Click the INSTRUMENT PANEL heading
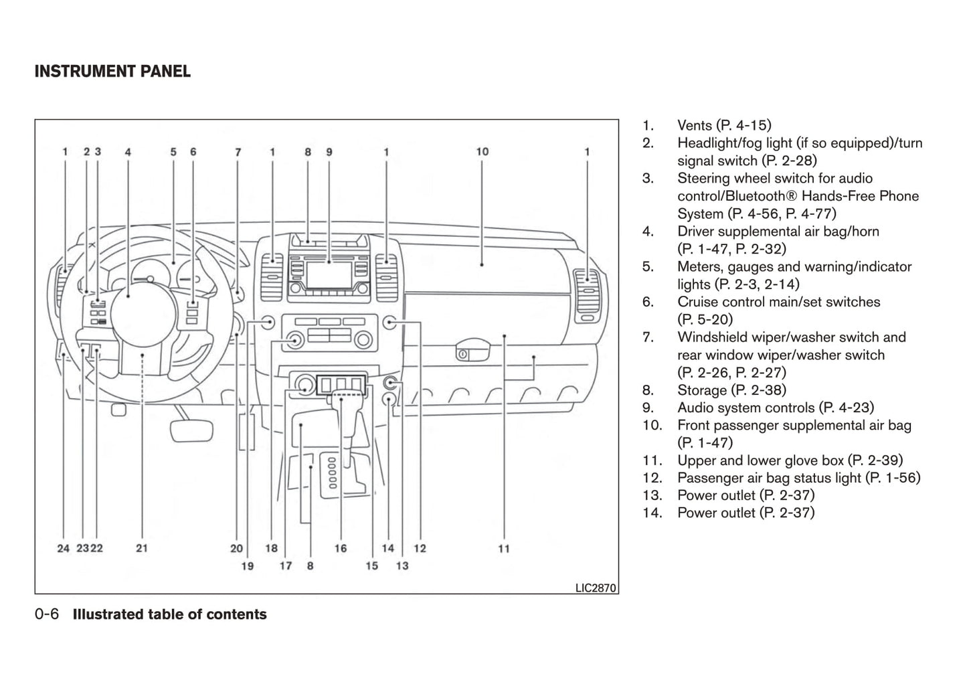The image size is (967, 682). [112, 72]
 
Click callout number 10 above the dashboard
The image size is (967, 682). [482, 152]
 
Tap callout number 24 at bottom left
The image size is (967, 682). [63, 549]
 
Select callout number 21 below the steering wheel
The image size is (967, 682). [142, 549]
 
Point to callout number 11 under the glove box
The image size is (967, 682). [504, 549]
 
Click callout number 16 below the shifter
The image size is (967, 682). [341, 549]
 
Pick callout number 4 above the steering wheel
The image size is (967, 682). [128, 152]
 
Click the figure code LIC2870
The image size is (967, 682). [596, 588]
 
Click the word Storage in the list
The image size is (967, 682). [702, 390]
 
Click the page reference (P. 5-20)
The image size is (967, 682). [705, 319]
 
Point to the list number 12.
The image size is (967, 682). [652, 478]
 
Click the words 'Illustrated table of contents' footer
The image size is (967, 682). [169, 614]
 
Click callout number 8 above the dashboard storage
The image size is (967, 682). [308, 152]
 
